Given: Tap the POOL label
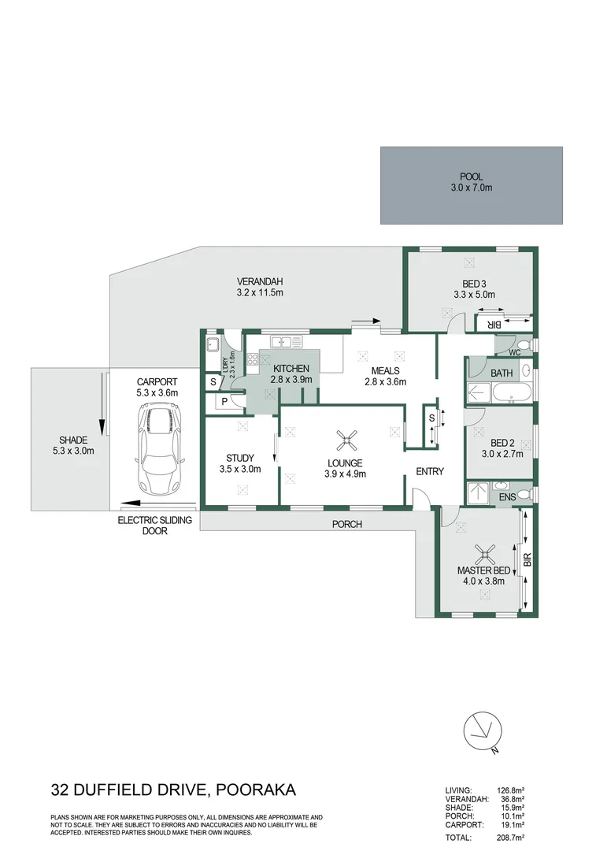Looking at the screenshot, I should coord(472,177).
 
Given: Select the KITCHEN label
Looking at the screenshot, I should coord(292,369).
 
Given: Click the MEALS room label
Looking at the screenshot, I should coord(381,371).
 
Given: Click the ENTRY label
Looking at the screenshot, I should coord(430,472).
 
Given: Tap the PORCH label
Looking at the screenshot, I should coord(346,524).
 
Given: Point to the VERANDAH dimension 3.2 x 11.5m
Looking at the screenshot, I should coord(259,293).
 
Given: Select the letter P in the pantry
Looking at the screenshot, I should coord(224,401).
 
